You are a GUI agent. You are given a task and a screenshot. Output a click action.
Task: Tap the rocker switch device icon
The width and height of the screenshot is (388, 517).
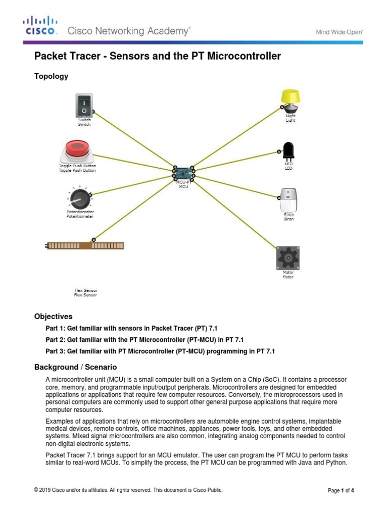84,105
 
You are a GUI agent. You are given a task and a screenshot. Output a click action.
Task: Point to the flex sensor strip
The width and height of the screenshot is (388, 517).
84,245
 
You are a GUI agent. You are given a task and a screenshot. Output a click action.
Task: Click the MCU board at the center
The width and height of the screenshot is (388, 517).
183,173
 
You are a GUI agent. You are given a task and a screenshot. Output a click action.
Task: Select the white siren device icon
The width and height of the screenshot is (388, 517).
288,200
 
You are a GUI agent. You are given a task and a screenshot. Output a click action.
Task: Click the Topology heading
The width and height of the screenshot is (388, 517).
51,76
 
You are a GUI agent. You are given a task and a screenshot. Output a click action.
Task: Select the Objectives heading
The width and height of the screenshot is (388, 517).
53,317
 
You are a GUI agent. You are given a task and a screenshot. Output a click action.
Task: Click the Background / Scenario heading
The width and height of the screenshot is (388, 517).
75,367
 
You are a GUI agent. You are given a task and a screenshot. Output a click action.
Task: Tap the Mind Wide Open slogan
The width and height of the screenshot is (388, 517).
339,31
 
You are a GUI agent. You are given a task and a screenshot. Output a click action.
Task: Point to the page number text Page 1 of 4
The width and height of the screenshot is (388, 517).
341,490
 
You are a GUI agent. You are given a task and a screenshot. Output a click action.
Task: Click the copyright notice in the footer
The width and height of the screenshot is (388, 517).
128,490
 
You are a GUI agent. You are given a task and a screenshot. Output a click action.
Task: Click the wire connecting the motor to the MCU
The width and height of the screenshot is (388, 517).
235,213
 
